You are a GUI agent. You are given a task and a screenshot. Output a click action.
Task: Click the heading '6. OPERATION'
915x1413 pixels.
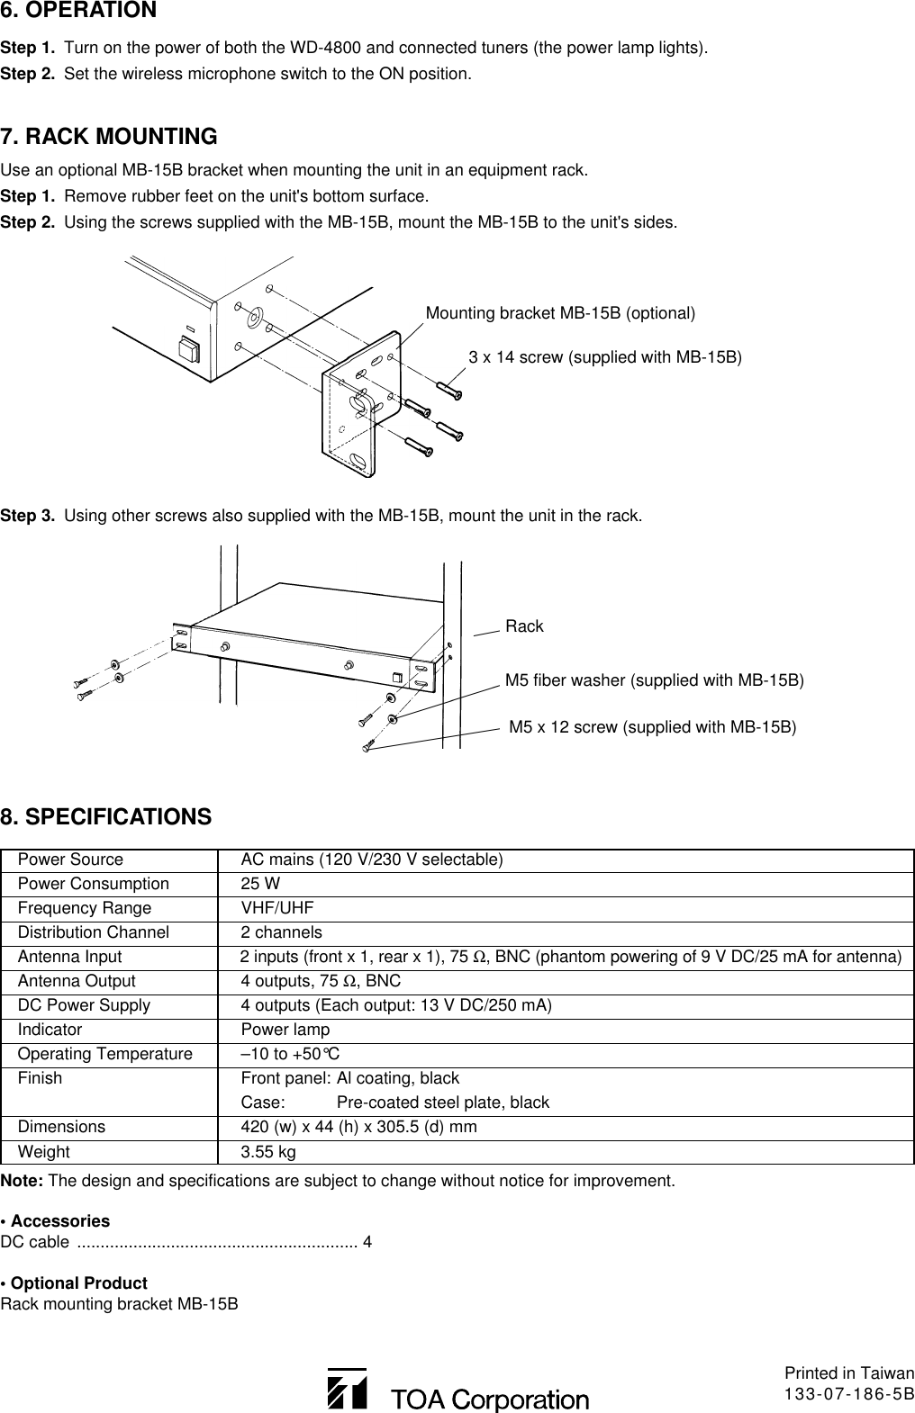pyautogui.click(x=78, y=12)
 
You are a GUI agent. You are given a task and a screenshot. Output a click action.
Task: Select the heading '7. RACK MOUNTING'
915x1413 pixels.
pyautogui.click(x=109, y=138)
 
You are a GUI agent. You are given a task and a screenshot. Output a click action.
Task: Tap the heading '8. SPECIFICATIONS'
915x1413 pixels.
pyautogui.click(x=106, y=817)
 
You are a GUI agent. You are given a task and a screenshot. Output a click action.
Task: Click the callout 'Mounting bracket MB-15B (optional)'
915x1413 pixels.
pyautogui.click(x=559, y=313)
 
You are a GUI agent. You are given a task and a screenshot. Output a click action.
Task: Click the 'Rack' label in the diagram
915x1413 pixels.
pyautogui.click(x=524, y=626)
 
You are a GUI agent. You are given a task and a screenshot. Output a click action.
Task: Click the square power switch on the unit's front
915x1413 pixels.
pyautogui.click(x=189, y=347)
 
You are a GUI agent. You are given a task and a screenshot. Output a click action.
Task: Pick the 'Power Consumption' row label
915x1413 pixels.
pyautogui.click(x=94, y=884)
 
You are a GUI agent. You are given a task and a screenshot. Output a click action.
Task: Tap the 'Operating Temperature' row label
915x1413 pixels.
pyautogui.click(x=105, y=1054)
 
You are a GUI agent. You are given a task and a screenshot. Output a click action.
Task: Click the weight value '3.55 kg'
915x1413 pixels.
pyautogui.click(x=267, y=1152)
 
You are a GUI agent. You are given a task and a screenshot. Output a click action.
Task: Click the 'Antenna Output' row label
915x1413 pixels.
pyautogui.click(x=77, y=981)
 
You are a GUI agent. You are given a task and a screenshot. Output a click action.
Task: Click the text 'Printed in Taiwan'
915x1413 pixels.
pyautogui.click(x=848, y=1373)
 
